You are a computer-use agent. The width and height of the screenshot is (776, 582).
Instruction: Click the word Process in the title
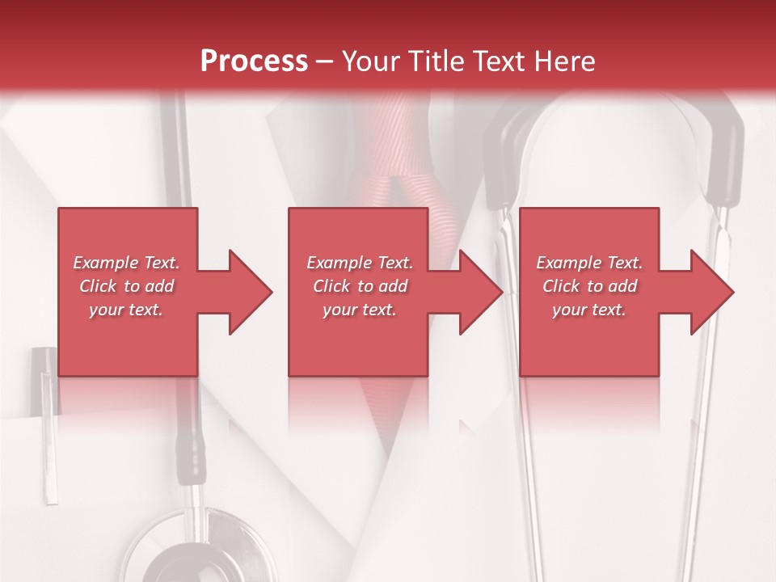pos(254,61)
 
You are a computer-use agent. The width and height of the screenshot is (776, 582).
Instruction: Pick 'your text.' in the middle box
pos(359,310)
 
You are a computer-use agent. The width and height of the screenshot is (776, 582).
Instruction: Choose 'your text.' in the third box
pos(589,310)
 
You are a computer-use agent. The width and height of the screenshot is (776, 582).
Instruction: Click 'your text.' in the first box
pos(125,310)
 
